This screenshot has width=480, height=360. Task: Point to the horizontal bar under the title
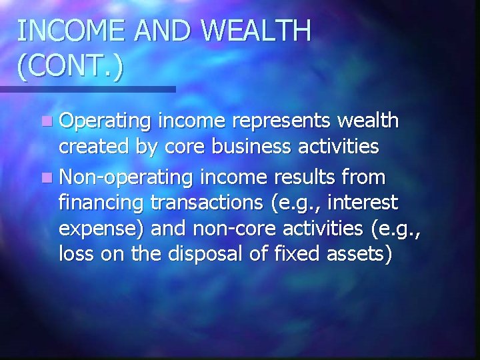[87, 89]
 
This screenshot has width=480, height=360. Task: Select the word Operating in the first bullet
[107, 122]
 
